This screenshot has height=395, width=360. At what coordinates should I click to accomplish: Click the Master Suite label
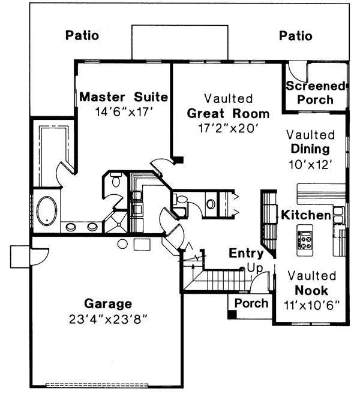point(124,97)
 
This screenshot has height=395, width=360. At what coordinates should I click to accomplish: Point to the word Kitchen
point(307,215)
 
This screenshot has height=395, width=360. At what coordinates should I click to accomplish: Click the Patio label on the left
point(82,36)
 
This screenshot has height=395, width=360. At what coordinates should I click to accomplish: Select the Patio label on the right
point(296,36)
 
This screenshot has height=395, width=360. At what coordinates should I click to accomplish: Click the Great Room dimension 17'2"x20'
point(227,128)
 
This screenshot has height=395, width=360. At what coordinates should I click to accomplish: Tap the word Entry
point(246,254)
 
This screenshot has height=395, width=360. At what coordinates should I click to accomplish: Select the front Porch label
point(251,303)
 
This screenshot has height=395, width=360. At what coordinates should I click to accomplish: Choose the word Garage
point(108,303)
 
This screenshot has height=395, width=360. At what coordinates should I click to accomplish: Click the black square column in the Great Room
point(178,159)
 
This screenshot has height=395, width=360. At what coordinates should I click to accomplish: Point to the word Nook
point(311,290)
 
